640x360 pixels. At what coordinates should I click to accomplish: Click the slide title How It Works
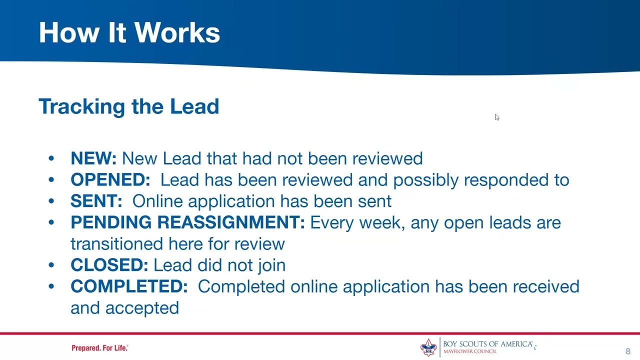(129, 33)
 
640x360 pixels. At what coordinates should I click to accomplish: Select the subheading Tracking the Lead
(128, 106)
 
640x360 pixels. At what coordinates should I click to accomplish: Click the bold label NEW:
(93, 158)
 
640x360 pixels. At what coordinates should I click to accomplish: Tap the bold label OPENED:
(110, 180)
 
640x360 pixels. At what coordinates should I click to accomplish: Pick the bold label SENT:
(96, 201)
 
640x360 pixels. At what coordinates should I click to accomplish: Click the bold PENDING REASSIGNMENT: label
(187, 222)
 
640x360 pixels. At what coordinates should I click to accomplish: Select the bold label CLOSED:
(109, 265)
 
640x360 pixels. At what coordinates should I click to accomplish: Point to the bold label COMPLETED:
(129, 286)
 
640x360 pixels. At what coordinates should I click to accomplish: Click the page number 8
(628, 351)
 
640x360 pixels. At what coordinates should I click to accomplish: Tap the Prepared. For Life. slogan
(99, 348)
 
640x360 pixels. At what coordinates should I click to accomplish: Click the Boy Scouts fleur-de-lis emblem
(428, 347)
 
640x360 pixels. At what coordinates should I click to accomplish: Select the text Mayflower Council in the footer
(470, 351)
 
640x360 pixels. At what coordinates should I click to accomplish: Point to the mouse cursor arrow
(496, 117)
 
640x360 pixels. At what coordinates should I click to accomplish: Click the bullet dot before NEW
(51, 159)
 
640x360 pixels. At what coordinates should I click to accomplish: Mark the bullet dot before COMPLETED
(51, 287)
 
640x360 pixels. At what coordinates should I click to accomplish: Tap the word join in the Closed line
(270, 265)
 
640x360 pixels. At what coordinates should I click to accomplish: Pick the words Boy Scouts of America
(487, 344)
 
